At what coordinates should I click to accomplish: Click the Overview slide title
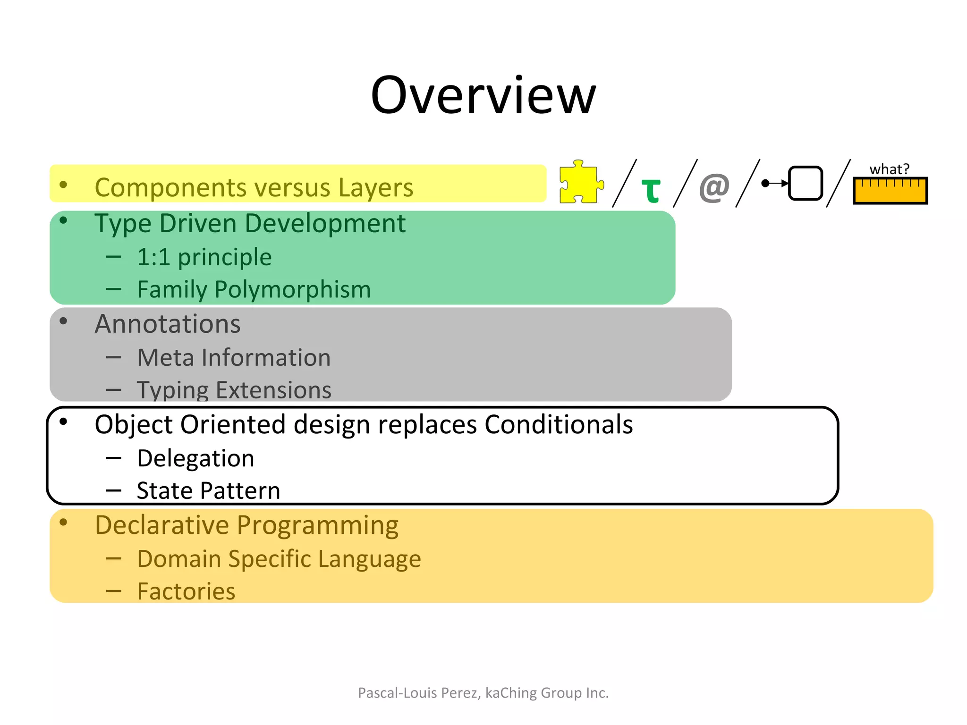(483, 96)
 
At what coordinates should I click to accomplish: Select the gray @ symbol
(714, 187)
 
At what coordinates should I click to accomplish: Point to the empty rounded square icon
(805, 183)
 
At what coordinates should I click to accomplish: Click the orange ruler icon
(890, 191)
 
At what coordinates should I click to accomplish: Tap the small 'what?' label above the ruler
(889, 169)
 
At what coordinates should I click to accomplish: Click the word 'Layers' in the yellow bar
(375, 187)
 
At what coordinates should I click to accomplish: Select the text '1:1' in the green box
(153, 257)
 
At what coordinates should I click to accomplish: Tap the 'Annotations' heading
(168, 324)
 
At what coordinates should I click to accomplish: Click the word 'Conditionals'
(558, 424)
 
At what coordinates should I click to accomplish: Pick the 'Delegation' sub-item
(195, 458)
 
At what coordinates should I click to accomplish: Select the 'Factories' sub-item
(186, 591)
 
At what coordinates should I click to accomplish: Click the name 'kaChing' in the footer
(511, 693)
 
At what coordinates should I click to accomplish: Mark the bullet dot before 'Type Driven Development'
(63, 220)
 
